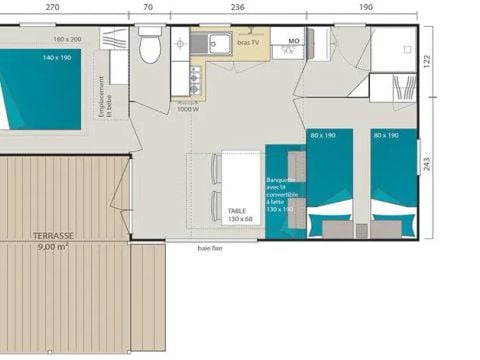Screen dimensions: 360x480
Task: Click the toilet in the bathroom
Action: (150, 47)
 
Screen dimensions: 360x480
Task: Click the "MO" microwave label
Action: (293, 42)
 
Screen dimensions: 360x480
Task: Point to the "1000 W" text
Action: (187, 109)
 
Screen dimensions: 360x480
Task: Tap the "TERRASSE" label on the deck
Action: (41, 235)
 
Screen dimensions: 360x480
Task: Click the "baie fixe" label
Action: (210, 248)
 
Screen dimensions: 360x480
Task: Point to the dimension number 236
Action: (238, 6)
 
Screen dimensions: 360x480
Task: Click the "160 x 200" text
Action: (67, 39)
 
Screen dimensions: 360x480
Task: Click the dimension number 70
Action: (148, 6)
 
